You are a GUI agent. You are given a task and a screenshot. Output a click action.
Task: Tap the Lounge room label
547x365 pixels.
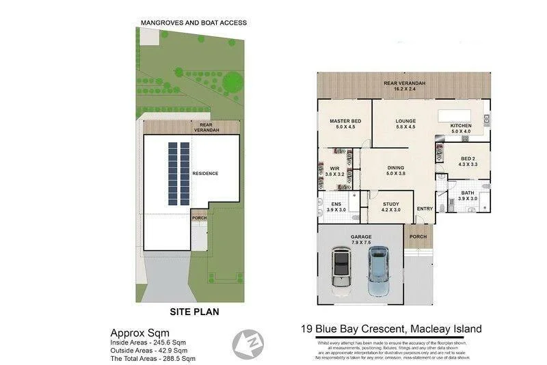click(405, 124)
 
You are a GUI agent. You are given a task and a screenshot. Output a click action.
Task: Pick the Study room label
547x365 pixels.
click(390, 207)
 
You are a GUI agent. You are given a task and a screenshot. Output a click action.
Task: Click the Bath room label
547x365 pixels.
click(467, 196)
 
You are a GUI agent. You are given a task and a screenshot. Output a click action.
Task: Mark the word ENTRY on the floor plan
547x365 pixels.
click(425, 209)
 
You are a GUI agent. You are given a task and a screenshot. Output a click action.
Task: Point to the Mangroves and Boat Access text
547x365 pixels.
click(194, 23)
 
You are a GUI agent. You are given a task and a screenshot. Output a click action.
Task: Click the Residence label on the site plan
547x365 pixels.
click(204, 174)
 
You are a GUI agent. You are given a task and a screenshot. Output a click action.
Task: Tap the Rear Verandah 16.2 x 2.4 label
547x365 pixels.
click(404, 86)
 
